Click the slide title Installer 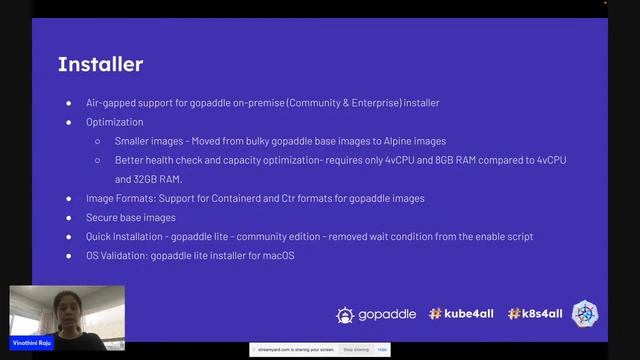(x=100, y=65)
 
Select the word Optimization (x=116, y=122)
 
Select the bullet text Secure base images (x=131, y=217)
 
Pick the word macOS (x=278, y=255)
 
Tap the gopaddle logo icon (x=345, y=314)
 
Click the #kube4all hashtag (x=462, y=314)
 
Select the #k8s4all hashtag (x=536, y=314)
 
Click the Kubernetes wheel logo (x=585, y=314)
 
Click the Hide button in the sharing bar (x=383, y=350)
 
